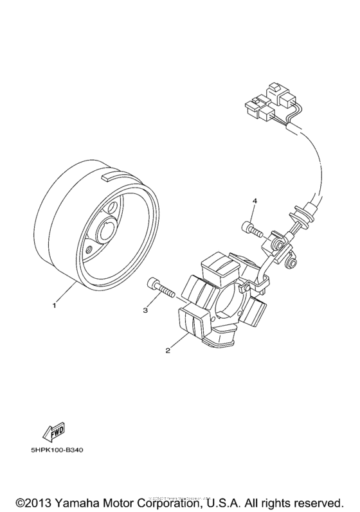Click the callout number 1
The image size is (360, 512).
point(55,305)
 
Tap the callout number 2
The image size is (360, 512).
point(168,351)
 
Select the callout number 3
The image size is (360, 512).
point(145,310)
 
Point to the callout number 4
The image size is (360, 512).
point(255,202)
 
